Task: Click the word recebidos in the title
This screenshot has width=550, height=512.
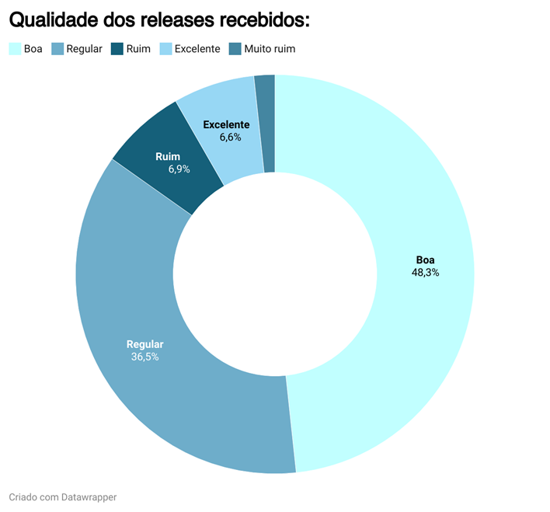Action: coord(263,20)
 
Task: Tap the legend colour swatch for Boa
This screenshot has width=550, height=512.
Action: coord(15,49)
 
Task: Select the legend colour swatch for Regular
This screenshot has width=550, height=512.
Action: coord(57,49)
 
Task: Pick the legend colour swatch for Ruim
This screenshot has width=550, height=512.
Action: coord(117,49)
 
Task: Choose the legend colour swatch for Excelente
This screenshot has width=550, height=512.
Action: coord(165,49)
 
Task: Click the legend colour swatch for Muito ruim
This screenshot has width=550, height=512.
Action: coord(235,49)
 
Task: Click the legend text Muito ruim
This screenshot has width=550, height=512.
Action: coord(270,49)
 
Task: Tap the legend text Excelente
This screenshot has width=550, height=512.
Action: coord(197,49)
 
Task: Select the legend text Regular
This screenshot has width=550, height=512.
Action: coord(85,49)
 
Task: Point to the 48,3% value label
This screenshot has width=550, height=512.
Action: coord(425,273)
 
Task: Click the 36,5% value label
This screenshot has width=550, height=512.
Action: coord(145,357)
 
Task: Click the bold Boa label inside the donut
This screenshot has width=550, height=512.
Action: coord(425,259)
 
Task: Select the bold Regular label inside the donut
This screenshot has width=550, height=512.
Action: coord(145,344)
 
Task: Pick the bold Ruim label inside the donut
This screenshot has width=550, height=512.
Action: coord(168,156)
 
